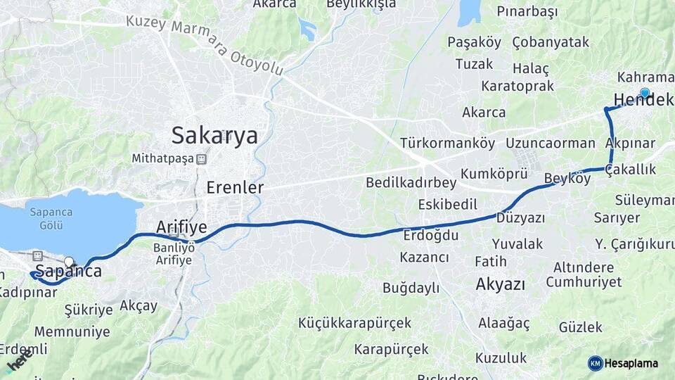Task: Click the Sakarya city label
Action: (x=214, y=134)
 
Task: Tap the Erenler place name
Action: (x=235, y=187)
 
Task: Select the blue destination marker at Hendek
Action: (x=645, y=92)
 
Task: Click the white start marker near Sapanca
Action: (x=68, y=262)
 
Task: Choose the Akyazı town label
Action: (x=501, y=284)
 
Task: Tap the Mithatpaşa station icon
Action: (x=201, y=159)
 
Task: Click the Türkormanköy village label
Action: (x=448, y=144)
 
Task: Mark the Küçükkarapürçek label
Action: (x=354, y=323)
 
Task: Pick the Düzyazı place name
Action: (x=521, y=218)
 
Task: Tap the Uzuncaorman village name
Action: (x=550, y=144)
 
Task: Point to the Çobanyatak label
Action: (x=551, y=42)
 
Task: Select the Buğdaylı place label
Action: (x=411, y=288)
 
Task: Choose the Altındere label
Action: (x=584, y=268)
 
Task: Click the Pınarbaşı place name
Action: (x=527, y=11)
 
